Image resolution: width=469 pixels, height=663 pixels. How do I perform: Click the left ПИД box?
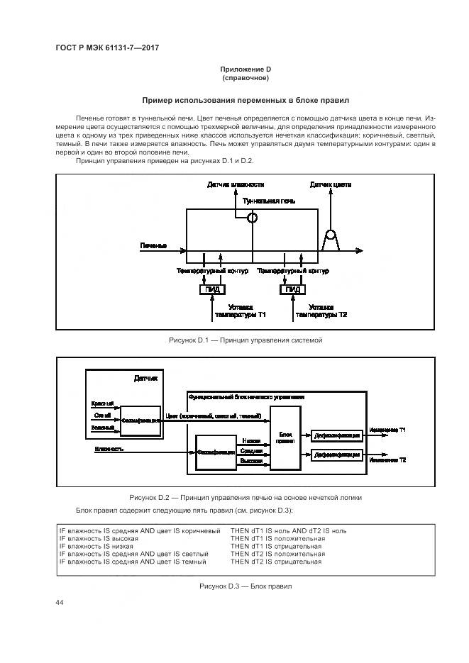213,289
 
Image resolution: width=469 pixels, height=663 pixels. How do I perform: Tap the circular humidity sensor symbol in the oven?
251,218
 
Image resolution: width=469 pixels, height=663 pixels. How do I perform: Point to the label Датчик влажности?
231,184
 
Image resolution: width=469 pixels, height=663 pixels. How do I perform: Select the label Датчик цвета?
330,184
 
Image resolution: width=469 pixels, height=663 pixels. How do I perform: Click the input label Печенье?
153,245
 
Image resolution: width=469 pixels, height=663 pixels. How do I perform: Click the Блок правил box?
285,438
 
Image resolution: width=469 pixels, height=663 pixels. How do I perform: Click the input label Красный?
103,403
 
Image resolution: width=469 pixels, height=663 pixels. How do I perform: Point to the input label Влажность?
109,449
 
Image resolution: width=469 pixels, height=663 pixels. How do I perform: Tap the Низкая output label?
250,440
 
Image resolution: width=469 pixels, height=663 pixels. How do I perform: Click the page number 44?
60,602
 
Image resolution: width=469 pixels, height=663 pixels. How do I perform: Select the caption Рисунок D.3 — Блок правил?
245,586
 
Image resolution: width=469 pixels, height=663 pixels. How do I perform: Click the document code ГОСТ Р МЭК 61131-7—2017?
106,47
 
